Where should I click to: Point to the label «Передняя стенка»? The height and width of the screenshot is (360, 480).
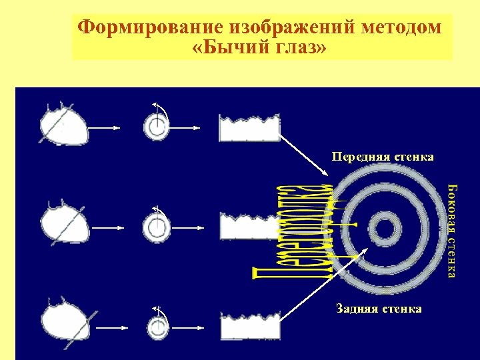click(x=383, y=157)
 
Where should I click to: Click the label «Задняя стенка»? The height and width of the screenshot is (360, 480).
click(x=379, y=309)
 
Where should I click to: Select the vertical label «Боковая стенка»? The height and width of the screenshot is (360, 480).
click(x=452, y=231)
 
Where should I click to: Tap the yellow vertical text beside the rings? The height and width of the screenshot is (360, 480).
click(x=293, y=230)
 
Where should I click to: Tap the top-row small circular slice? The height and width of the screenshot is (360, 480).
click(x=157, y=126)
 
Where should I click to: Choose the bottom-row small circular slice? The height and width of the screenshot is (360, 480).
click(x=157, y=327)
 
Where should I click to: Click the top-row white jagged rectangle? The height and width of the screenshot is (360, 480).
click(x=249, y=129)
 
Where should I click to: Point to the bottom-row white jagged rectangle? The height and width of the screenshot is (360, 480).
click(x=249, y=326)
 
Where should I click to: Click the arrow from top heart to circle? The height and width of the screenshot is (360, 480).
click(x=105, y=128)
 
